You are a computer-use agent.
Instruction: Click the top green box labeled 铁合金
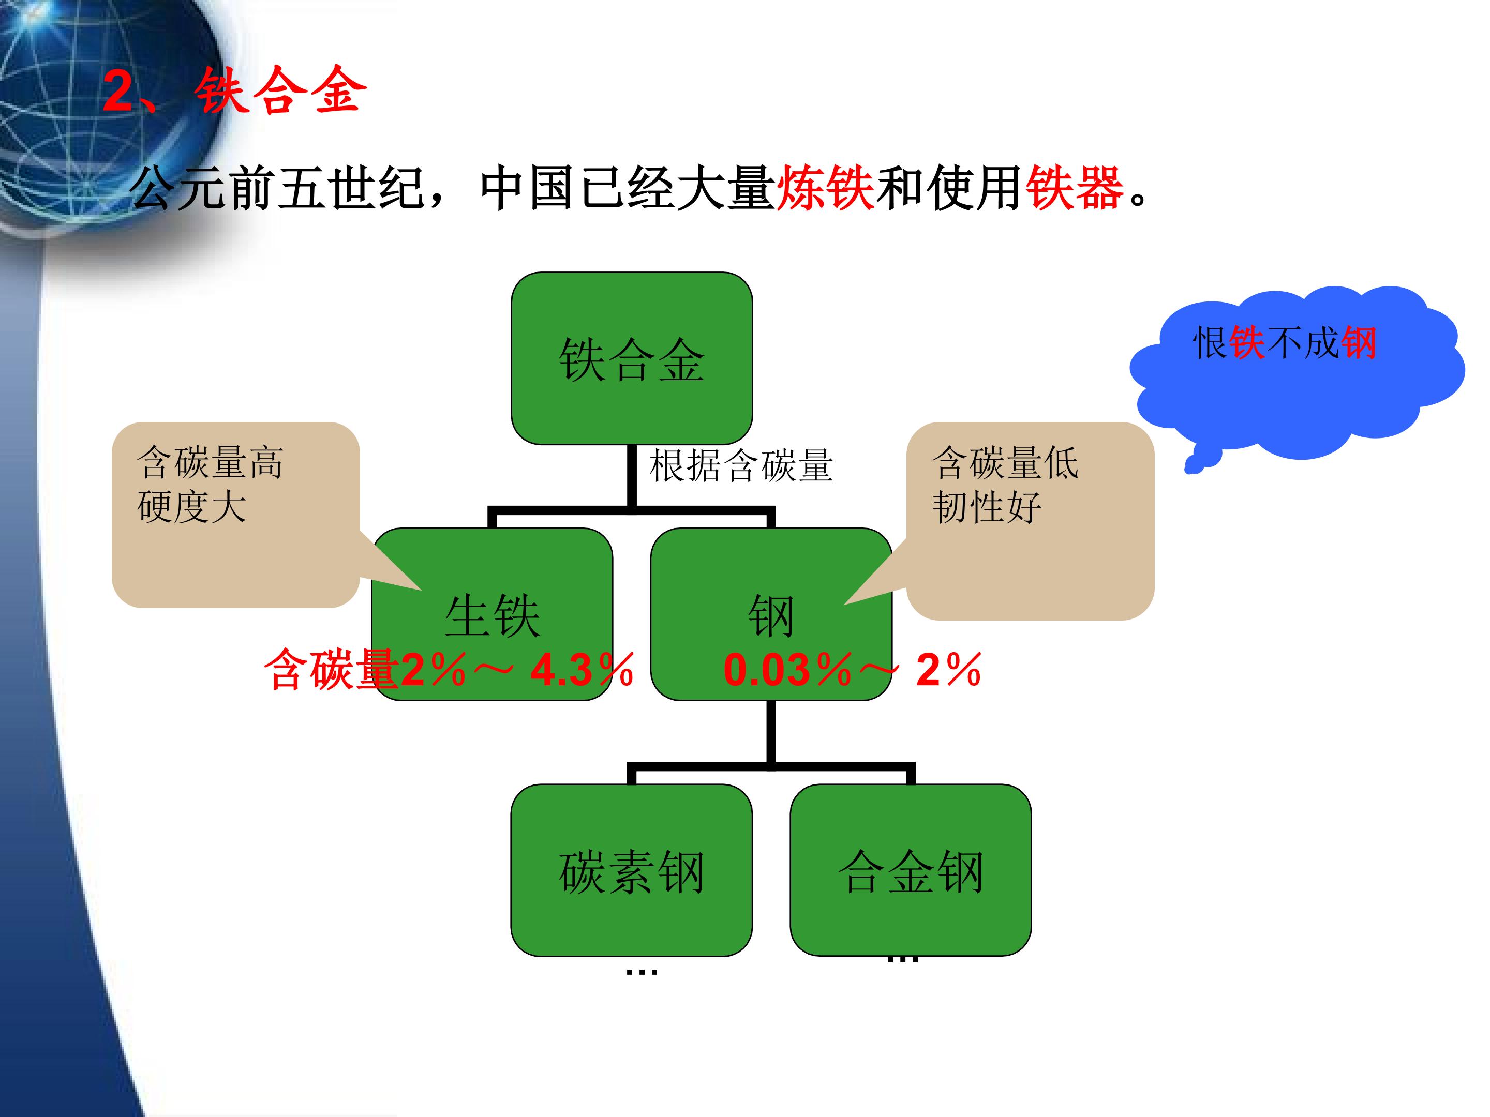[x=632, y=358]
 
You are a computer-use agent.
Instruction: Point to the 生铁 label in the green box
[x=493, y=615]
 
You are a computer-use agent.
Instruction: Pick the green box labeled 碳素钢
[x=632, y=870]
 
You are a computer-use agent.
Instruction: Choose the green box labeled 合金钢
[x=911, y=870]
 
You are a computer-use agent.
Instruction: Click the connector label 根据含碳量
[x=741, y=466]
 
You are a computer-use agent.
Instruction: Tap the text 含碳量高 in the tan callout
[x=210, y=462]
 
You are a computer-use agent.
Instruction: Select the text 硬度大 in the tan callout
[x=192, y=506]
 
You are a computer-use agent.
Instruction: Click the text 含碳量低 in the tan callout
[x=1006, y=462]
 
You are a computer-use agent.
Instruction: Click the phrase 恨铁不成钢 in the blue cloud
[x=1285, y=343]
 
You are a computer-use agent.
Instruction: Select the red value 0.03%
[x=787, y=670]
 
